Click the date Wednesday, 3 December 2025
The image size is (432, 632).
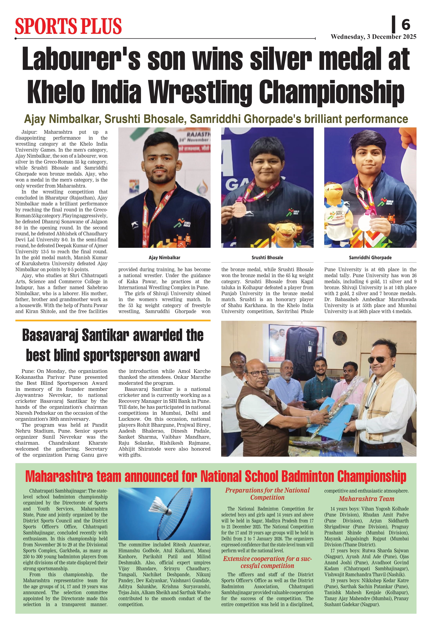coord(373,37)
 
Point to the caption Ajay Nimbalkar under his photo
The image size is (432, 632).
coord(164,258)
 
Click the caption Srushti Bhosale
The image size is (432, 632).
coord(267,258)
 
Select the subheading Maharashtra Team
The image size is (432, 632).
coord(366,499)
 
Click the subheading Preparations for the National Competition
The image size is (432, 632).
coord(267,494)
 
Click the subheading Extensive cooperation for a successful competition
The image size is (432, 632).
coord(267,562)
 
